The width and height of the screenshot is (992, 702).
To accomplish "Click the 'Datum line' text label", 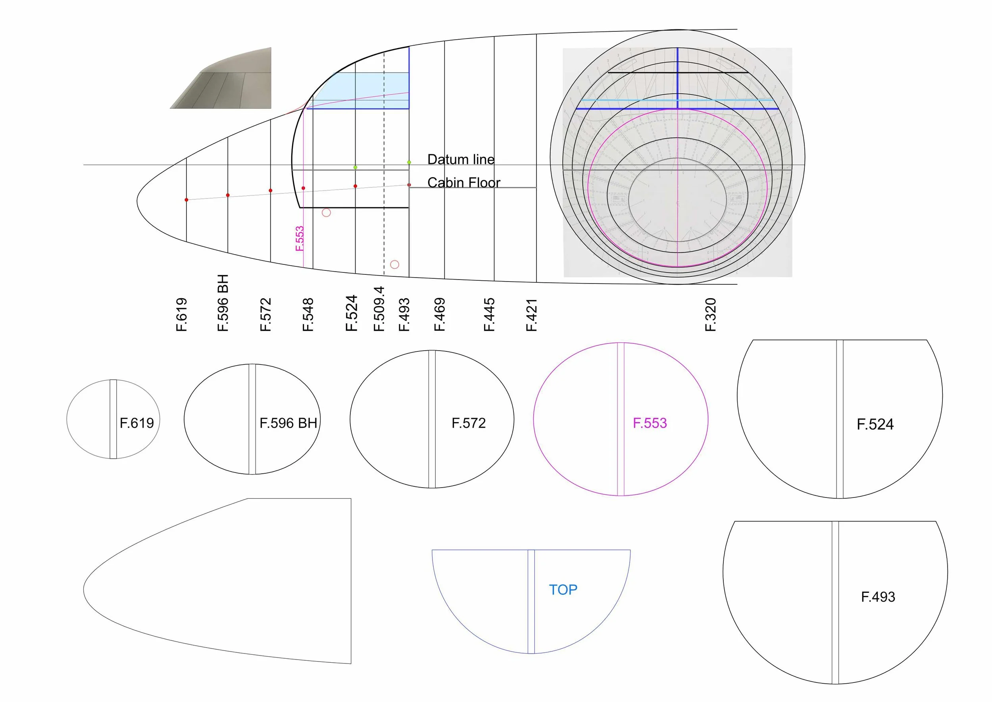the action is [461, 160].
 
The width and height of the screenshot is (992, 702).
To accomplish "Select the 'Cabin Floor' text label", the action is [463, 183].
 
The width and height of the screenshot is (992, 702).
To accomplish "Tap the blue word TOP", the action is [563, 590].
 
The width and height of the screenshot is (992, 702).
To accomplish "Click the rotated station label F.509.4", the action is [379, 309].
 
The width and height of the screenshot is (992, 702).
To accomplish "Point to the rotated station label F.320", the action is [710, 315].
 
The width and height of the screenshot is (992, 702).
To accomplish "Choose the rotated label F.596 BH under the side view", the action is [223, 303].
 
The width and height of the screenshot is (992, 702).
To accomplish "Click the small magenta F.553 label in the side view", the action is [300, 239].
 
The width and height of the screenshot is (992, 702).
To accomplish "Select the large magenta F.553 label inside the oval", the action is [650, 423].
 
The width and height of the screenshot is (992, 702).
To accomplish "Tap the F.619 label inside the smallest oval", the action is [136, 423].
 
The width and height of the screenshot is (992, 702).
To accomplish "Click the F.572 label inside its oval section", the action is [468, 423].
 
